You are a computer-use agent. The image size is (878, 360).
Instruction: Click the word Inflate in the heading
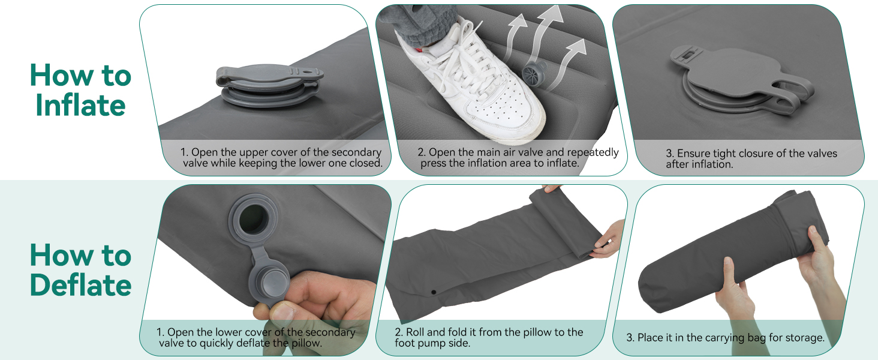click(80, 105)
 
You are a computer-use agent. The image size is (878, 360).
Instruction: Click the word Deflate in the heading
click(80, 285)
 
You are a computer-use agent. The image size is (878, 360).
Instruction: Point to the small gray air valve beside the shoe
click(534, 73)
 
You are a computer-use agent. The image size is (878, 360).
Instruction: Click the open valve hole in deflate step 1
click(253, 219)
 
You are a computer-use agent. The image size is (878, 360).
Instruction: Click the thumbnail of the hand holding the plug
click(283, 313)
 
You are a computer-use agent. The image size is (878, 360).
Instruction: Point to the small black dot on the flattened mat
click(434, 292)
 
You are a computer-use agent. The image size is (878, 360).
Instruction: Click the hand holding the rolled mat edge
click(608, 240)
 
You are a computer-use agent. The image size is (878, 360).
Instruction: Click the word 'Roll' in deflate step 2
click(415, 332)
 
